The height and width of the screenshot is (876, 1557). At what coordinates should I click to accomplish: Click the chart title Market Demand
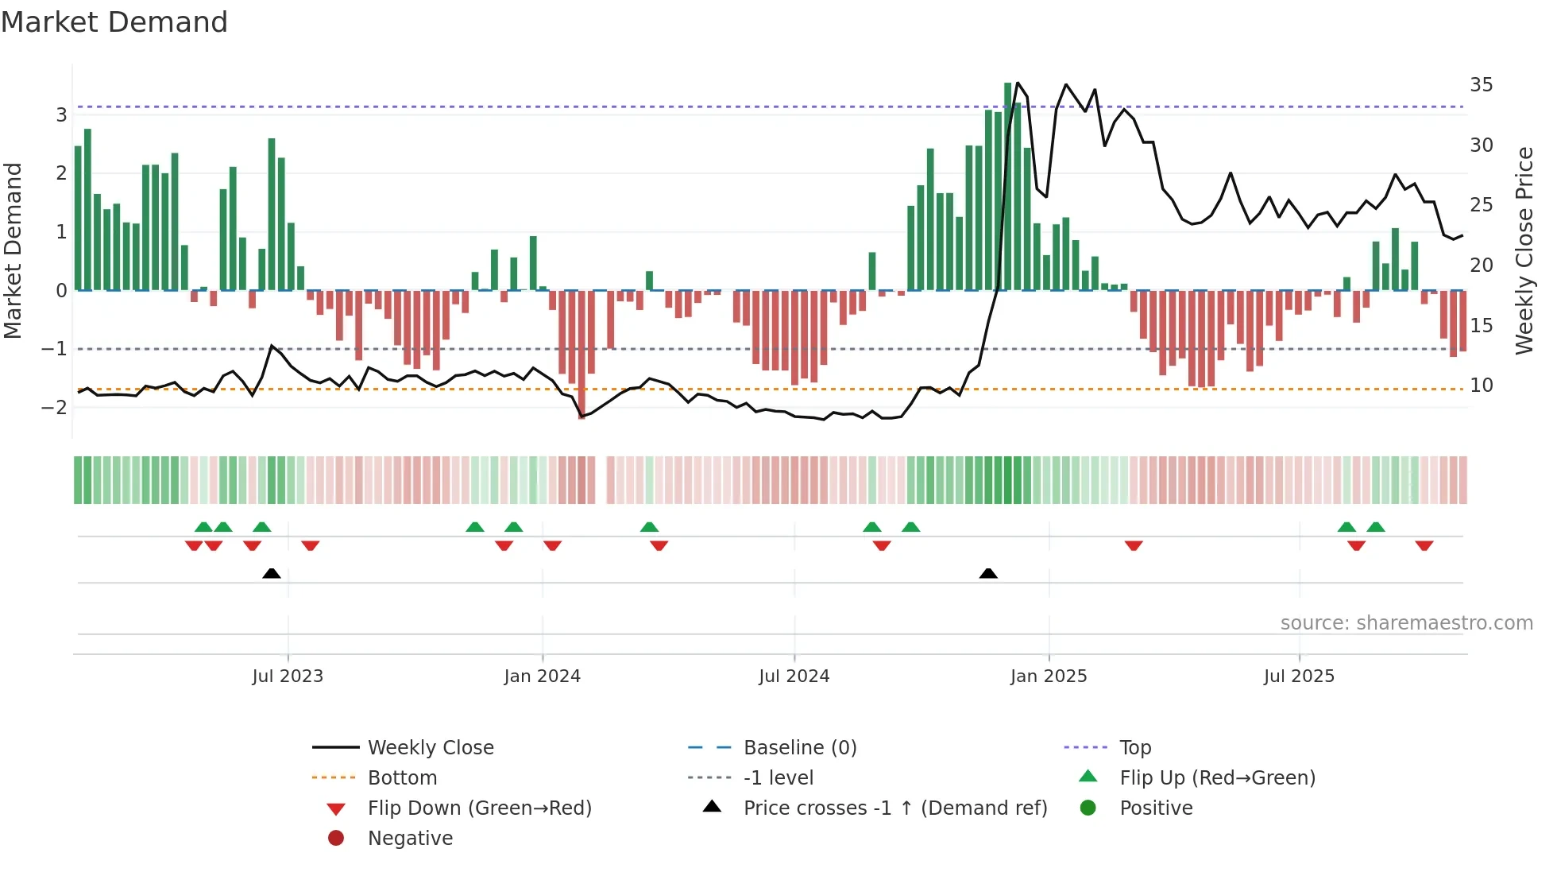point(114,22)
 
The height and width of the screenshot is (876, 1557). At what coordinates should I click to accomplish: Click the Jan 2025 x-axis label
point(1048,676)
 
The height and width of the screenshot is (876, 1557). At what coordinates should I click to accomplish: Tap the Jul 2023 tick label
point(288,676)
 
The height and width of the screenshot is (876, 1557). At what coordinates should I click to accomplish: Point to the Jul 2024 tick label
point(794,676)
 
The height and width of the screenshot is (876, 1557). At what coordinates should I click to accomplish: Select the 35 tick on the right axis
point(1481,84)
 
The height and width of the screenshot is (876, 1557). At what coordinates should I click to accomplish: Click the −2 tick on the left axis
point(55,407)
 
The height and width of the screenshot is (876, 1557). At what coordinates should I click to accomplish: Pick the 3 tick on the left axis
point(61,114)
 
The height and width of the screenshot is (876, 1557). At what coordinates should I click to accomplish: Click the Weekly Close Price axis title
point(1524,250)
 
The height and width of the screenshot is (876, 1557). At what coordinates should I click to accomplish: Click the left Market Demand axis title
point(14,250)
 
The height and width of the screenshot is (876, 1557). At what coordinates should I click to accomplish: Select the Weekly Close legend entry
point(430,747)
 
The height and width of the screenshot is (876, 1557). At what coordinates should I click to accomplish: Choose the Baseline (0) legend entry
point(799,747)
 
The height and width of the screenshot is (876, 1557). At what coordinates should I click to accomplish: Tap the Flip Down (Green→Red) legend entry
point(479,808)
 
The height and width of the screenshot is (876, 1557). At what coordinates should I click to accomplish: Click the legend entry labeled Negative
point(410,838)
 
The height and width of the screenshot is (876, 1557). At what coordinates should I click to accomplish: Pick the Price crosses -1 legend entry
point(894,808)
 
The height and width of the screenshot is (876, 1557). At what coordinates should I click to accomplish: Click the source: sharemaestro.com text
point(1406,622)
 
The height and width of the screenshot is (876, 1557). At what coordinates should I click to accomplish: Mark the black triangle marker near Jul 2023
point(272,573)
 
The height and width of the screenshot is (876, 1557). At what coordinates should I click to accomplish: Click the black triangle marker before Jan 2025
point(988,573)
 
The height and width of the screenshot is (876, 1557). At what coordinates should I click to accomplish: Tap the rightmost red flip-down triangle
point(1424,545)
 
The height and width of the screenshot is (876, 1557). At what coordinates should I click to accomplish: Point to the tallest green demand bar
point(1007,187)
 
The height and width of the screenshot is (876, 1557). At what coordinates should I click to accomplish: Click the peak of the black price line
point(1018,83)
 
